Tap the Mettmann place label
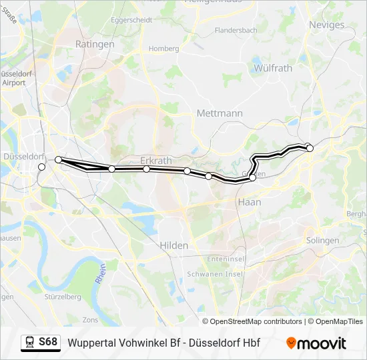tap(220, 113)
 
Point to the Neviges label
tap(326, 25)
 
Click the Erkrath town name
tap(156, 161)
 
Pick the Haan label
tap(249, 201)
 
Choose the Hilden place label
tap(173, 245)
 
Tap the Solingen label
tap(322, 240)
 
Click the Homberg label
tap(163, 49)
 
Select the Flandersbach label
tap(236, 31)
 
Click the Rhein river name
tap(101, 277)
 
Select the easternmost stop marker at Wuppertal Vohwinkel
tap(310, 148)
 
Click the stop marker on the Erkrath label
tap(146, 169)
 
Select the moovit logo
tap(316, 343)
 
